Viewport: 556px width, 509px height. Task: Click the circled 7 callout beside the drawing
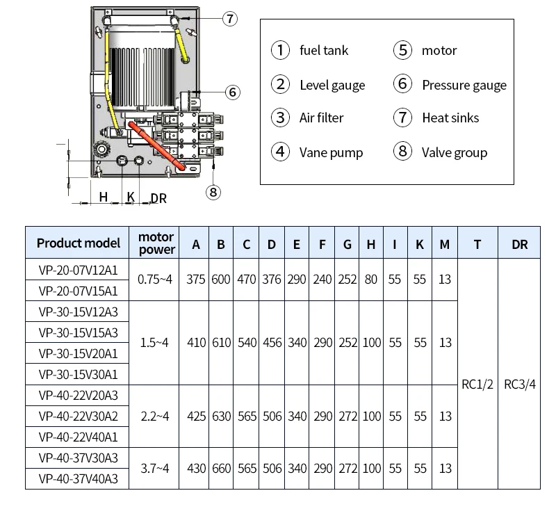click(230, 19)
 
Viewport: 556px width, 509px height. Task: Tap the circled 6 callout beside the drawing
click(233, 92)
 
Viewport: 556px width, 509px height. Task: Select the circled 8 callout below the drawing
click(213, 192)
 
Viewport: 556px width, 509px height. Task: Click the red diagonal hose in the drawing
click(157, 146)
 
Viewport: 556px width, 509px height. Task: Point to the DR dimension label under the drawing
click(158, 199)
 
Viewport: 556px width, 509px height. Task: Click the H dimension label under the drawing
click(103, 197)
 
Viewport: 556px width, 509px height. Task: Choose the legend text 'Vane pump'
click(332, 152)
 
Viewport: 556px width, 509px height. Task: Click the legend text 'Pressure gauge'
click(464, 85)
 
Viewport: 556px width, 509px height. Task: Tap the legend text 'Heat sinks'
click(450, 118)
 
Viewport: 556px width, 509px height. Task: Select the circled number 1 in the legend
click(280, 50)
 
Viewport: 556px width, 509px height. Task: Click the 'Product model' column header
click(79, 243)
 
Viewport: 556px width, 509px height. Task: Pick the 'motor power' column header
click(156, 243)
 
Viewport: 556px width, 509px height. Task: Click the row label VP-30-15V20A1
click(78, 354)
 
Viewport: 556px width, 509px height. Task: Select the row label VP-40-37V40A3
click(78, 479)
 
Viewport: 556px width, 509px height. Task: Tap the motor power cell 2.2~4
click(154, 416)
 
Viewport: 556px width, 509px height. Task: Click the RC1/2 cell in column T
click(477, 384)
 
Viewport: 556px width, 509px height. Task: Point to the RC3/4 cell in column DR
click(519, 384)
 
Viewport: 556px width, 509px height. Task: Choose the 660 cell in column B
click(221, 469)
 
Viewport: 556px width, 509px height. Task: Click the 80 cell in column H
click(371, 280)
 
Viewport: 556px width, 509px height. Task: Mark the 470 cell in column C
click(247, 280)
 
